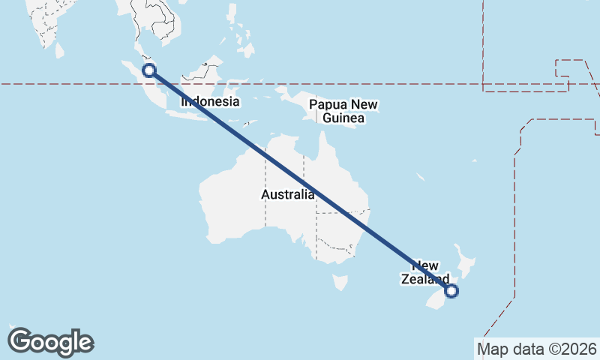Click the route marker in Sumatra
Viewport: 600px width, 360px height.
[149, 70]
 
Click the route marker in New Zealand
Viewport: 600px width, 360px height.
[451, 291]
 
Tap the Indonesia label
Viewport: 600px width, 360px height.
[210, 102]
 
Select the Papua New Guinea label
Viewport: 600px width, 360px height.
[343, 111]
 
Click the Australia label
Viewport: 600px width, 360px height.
[288, 195]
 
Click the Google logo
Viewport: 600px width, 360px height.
[50, 342]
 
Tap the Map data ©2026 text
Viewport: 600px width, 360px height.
[536, 349]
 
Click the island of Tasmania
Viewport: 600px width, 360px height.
[340, 283]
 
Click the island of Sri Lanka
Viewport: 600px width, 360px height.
[59, 49]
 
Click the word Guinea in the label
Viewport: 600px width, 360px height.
[343, 118]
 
